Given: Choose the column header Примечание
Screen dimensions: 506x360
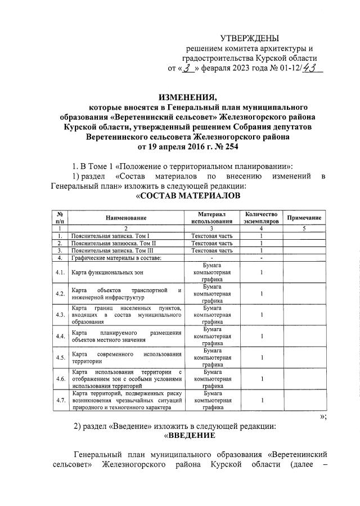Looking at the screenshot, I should [304, 217].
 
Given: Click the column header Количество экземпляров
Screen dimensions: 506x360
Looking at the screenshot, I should [261, 217].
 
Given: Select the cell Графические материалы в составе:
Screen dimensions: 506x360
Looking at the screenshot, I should [116, 258].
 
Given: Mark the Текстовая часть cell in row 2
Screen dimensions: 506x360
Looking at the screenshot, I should [211, 243].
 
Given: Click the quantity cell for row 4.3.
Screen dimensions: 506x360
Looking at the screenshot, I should [262, 315].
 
